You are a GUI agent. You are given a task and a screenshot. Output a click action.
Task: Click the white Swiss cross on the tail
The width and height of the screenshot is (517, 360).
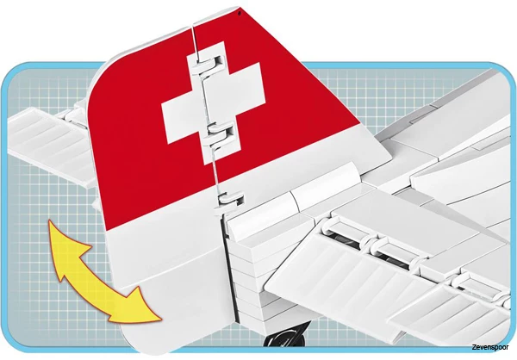[213, 102]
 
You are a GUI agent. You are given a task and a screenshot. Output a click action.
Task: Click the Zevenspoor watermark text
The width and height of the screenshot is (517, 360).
[489, 347]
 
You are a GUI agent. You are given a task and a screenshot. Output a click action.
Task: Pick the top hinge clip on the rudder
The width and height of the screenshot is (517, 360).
[210, 62]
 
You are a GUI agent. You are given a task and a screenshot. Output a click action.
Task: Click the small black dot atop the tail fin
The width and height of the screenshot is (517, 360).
[240, 13]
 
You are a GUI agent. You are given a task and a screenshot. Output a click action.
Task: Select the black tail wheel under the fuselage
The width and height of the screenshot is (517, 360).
[288, 335]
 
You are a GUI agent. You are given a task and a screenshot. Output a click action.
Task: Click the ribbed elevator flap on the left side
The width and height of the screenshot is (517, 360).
[50, 145]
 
